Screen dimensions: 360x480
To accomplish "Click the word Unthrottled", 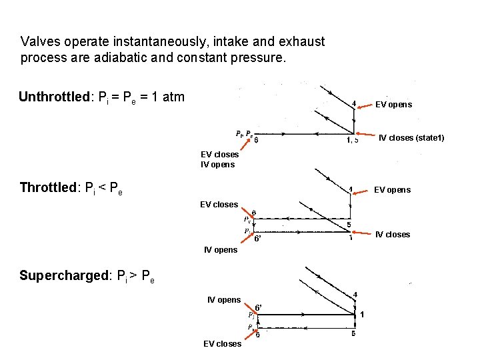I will click(53, 97).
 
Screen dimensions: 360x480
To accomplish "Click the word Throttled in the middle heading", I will click(50, 187).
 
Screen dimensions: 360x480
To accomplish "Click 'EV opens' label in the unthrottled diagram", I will click(393, 105).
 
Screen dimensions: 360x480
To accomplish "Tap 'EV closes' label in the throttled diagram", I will click(219, 205).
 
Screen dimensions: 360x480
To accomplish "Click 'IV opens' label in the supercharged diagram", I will click(224, 300).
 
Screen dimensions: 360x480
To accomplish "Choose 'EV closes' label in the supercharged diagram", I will click(222, 343).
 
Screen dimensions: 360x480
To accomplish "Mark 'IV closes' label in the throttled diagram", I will click(393, 234).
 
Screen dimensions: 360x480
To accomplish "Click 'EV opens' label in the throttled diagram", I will click(392, 190).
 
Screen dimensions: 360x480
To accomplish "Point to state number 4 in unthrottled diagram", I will click(354, 103).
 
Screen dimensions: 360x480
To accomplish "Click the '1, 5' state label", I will click(352, 140).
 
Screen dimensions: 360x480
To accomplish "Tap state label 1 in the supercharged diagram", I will click(361, 315).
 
